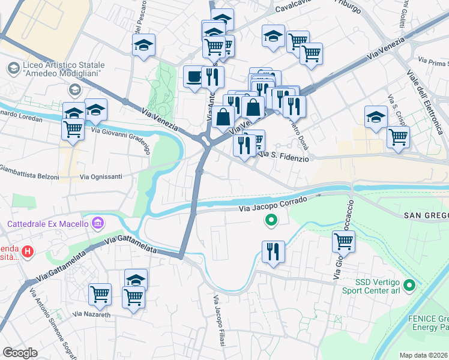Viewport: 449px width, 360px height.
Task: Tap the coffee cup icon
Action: pos(194,77)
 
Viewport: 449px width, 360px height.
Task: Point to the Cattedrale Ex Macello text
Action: pos(48,225)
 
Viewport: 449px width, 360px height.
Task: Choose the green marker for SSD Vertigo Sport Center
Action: pos(410,285)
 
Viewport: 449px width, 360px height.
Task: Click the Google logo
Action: pos(20,352)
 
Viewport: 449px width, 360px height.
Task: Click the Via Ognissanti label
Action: pos(101,177)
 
